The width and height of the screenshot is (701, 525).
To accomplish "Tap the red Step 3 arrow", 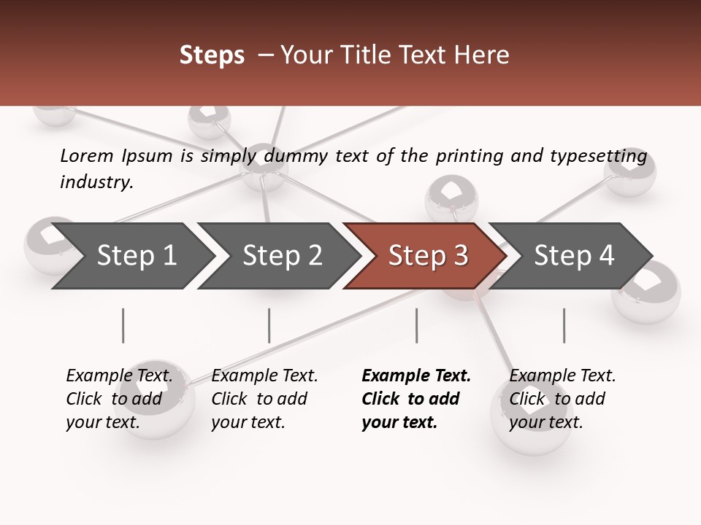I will tap(428, 256).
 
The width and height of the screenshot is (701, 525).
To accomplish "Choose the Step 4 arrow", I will tap(574, 256).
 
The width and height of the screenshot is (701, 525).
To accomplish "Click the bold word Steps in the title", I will tap(212, 55).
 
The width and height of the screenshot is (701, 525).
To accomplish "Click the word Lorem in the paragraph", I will tap(86, 156).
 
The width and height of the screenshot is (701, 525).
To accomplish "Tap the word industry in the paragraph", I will tap(96, 182).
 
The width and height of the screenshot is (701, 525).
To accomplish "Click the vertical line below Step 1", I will tap(123, 325).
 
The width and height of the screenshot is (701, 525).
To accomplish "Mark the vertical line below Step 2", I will tap(269, 325).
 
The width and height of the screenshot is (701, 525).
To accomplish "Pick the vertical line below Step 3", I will tap(416, 325).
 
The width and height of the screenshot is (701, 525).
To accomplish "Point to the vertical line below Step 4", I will tap(564, 325).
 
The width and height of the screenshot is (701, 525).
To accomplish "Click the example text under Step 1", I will tap(119, 399).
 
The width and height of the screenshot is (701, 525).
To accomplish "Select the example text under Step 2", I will tap(264, 399).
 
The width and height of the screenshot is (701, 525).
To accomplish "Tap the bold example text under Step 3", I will tap(416, 399).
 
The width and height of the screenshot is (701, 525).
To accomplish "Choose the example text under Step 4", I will tap(562, 399).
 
